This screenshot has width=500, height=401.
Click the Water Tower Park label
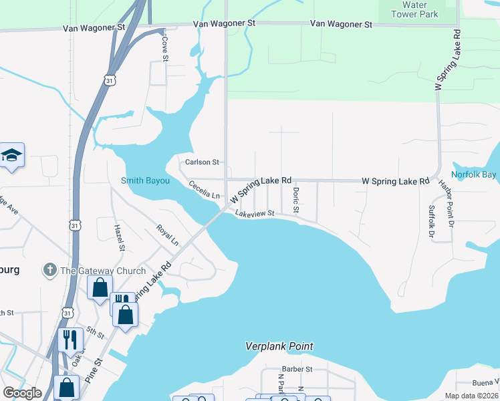click(414, 9)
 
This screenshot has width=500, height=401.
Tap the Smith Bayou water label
click(145, 180)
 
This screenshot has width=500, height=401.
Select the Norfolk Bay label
click(474, 175)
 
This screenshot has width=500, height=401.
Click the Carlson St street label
click(202, 162)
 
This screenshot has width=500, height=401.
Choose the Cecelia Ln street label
click(204, 190)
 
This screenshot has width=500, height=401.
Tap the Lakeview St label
click(255, 213)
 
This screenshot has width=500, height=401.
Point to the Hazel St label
click(121, 238)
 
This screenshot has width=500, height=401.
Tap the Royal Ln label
click(167, 235)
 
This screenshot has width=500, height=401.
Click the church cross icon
click(49, 270)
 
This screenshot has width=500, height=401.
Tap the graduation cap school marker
click(11, 155)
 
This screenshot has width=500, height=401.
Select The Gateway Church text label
click(103, 271)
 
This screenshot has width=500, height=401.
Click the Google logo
click(22, 393)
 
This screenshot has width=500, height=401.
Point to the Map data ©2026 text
click(471, 396)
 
